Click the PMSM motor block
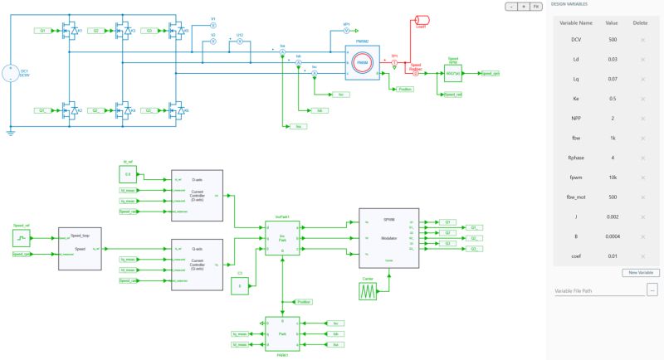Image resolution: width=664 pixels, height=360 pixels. [x=363, y=63]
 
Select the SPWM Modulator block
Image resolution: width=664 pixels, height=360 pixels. [x=388, y=238]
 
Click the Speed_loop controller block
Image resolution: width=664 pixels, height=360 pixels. [x=80, y=247]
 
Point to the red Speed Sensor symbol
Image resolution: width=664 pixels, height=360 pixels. [x=416, y=73]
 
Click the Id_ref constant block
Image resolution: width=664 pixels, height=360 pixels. [x=128, y=175]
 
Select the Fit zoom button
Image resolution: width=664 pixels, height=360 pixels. [x=537, y=6]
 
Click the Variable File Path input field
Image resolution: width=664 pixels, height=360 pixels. [x=598, y=290]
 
